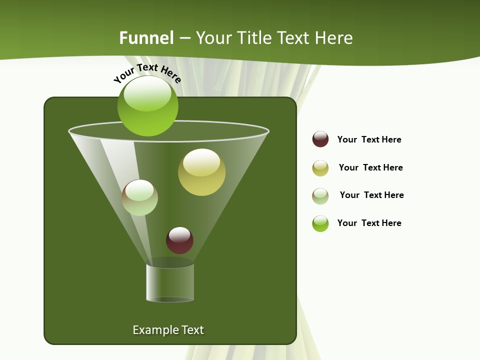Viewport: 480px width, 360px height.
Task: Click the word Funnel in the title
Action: [x=146, y=38]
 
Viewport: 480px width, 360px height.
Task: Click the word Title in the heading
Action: [x=254, y=38]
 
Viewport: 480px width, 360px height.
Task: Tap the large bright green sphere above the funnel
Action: [x=148, y=106]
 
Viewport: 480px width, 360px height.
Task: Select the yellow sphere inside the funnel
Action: [x=201, y=172]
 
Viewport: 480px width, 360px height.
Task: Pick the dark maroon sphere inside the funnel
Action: [x=179, y=240]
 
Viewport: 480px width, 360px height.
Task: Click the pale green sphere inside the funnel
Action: [x=140, y=198]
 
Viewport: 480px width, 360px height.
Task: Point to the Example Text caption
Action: [x=168, y=330]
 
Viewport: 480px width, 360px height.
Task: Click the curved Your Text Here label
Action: [x=147, y=73]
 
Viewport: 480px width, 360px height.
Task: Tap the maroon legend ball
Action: [x=320, y=139]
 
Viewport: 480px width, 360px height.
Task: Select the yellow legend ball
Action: [x=320, y=168]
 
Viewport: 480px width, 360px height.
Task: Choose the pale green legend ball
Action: [x=320, y=196]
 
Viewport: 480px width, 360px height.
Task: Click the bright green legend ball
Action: [x=320, y=223]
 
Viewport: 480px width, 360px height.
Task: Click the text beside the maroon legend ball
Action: [x=369, y=139]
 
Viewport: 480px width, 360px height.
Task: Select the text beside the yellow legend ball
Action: [x=370, y=167]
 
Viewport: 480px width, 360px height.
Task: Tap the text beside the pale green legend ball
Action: [x=371, y=195]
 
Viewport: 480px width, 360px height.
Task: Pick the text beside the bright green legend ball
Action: [x=369, y=223]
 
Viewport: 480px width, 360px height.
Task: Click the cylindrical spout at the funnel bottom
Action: [x=170, y=283]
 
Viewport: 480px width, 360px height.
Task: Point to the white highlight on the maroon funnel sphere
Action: [x=179, y=234]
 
